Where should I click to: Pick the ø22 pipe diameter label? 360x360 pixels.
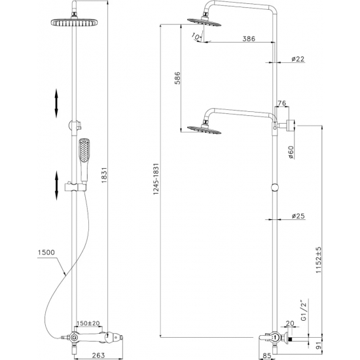pos(299,60)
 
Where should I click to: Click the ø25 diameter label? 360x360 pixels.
pos(298,216)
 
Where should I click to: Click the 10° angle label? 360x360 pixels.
pos(198,37)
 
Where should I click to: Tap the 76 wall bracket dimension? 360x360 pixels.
pos(282,103)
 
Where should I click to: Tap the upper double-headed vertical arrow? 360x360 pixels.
pos(57,102)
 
